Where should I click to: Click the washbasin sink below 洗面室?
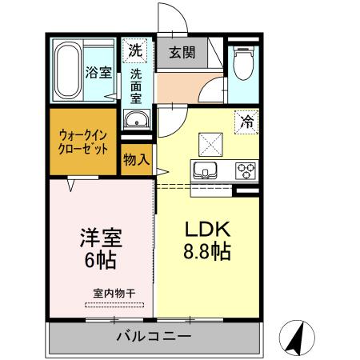click(x=136, y=121)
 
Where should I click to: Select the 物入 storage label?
click(x=136, y=159)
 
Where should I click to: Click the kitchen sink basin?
click(x=202, y=170)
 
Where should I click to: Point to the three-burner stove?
click(x=245, y=170)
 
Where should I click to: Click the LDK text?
click(x=205, y=226)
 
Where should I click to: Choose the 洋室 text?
click(x=100, y=238)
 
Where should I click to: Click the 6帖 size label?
click(x=100, y=261)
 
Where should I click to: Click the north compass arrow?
click(x=298, y=337)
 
